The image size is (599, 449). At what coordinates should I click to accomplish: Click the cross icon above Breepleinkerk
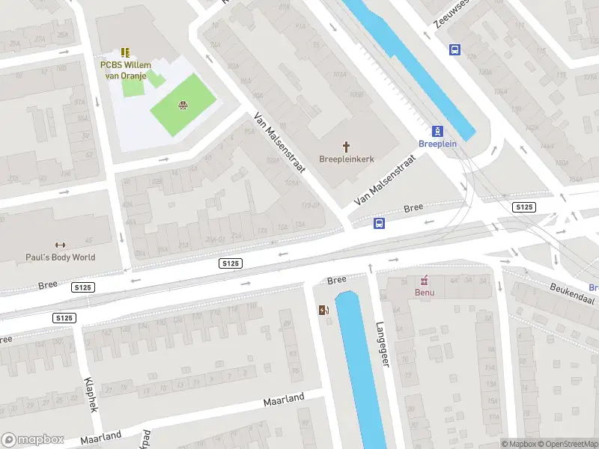pos(347,146)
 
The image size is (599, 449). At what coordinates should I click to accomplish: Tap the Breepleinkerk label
pos(347,159)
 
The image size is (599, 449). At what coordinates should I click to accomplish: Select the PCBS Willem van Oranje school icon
pos(125,52)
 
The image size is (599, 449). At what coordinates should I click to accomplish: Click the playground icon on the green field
pos(182,106)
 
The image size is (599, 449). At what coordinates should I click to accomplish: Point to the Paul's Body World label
pos(60,257)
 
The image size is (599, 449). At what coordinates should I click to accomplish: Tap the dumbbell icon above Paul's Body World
pos(60,245)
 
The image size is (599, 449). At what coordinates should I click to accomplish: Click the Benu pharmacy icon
pos(425,281)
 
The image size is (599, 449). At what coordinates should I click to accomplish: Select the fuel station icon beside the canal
pos(323,310)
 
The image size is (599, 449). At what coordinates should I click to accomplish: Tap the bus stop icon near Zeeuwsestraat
pos(454,49)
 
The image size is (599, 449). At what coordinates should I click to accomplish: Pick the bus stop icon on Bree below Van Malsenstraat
pos(379,223)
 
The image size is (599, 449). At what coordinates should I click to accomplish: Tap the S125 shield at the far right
pos(524,207)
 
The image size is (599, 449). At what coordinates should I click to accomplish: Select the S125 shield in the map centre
pos(231,263)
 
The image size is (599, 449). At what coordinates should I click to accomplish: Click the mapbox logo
pos(31,440)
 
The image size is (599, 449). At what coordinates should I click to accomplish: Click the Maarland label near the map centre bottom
pos(284,400)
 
